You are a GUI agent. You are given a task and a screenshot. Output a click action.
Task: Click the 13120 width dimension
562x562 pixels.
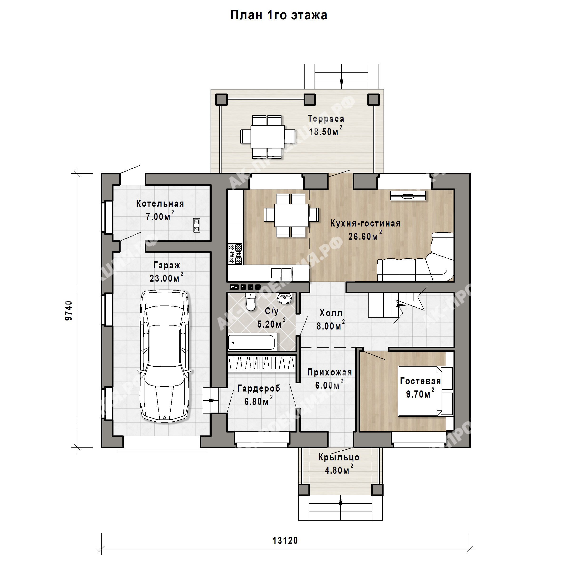tap(285, 541)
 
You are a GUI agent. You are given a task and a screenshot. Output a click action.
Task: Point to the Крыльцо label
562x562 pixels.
tap(339, 458)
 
